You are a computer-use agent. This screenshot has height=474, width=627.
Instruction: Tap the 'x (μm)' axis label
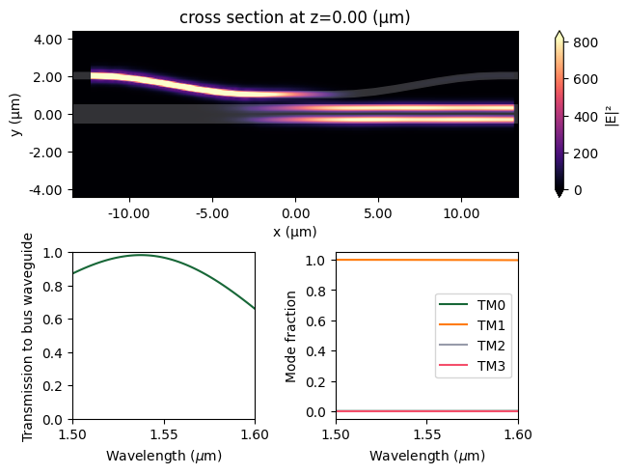[296, 232]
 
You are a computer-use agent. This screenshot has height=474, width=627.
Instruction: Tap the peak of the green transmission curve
[141, 255]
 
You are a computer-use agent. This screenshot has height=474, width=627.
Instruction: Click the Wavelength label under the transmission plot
[165, 455]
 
